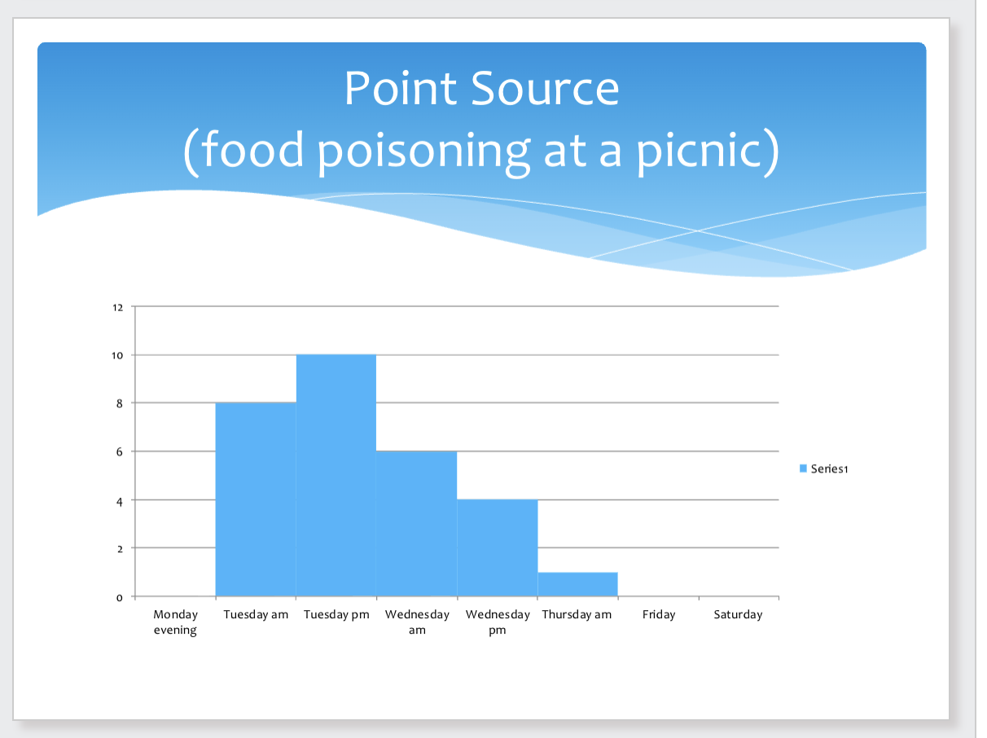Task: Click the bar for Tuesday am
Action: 256,499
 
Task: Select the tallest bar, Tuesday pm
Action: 336,476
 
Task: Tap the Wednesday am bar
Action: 416,524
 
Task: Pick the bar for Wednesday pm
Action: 497,547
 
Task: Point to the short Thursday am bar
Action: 577,584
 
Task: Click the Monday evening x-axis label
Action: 176,622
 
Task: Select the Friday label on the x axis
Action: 658,614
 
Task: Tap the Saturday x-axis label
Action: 738,614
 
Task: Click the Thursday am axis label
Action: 577,614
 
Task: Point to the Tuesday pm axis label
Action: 336,614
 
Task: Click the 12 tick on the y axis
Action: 118,307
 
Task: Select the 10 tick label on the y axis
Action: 118,355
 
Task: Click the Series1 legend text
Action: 830,468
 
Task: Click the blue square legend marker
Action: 803,468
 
